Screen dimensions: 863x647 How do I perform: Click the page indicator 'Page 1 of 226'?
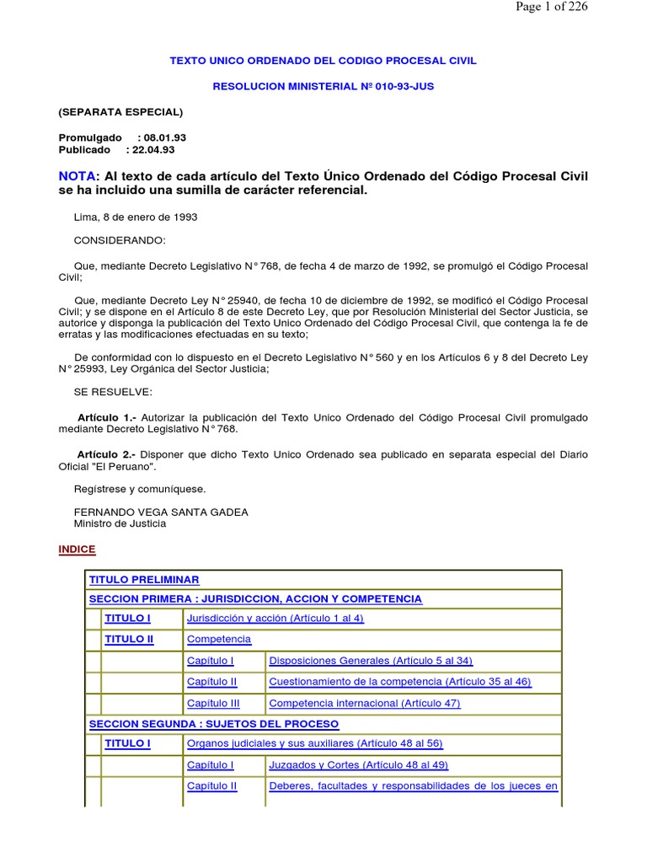click(553, 8)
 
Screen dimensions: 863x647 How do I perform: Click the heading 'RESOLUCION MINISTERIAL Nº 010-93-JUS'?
click(323, 86)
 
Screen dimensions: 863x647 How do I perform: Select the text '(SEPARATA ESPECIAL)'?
click(120, 111)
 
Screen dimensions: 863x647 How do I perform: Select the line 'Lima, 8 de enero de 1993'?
click(136, 217)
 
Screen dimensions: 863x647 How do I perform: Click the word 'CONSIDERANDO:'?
click(120, 240)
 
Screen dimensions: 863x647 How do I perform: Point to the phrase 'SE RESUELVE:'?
click(114, 392)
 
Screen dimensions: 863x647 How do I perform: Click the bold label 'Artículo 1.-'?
click(106, 418)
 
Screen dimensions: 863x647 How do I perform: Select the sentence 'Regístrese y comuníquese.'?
click(140, 489)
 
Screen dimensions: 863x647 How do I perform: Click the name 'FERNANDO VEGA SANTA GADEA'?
click(161, 512)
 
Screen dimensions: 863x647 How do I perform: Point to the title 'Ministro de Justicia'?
click(120, 523)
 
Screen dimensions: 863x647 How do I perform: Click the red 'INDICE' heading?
click(77, 549)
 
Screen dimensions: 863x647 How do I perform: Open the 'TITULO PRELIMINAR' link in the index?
click(144, 580)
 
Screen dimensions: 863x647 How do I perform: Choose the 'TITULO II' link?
click(129, 640)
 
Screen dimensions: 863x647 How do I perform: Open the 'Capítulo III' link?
click(213, 703)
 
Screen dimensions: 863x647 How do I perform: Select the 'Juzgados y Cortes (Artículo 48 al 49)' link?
click(358, 765)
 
